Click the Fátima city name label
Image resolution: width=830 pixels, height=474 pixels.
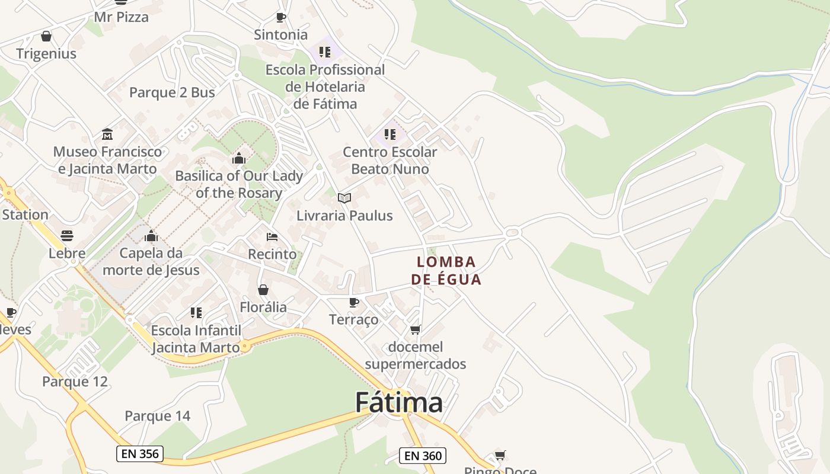[398, 403]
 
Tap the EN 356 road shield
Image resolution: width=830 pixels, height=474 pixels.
[139, 454]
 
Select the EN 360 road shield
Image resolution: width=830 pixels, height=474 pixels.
[422, 456]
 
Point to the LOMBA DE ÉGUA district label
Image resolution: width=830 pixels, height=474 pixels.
[446, 270]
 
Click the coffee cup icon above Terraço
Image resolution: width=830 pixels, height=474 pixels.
[354, 303]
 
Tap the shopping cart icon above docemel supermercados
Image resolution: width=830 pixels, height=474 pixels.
[416, 329]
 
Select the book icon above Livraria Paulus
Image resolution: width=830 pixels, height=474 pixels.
[344, 198]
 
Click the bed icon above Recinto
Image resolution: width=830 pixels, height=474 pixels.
[272, 237]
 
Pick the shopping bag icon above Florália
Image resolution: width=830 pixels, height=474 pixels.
[263, 290]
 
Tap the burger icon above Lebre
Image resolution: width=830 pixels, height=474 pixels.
[67, 236]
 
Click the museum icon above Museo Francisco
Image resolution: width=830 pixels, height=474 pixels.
[107, 134]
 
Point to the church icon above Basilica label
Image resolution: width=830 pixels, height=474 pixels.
[239, 158]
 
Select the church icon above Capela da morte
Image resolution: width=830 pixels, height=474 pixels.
[151, 236]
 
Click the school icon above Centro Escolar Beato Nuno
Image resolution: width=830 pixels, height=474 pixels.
[390, 134]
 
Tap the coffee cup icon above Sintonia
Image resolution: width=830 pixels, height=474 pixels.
[281, 17]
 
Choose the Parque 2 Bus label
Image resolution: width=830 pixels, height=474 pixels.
[172, 92]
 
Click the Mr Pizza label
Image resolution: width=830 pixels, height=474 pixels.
[122, 17]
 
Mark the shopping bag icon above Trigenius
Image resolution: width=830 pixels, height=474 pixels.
[46, 36]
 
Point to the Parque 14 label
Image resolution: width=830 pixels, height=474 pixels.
[158, 416]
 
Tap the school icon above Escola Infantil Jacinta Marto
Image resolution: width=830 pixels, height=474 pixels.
[196, 312]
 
